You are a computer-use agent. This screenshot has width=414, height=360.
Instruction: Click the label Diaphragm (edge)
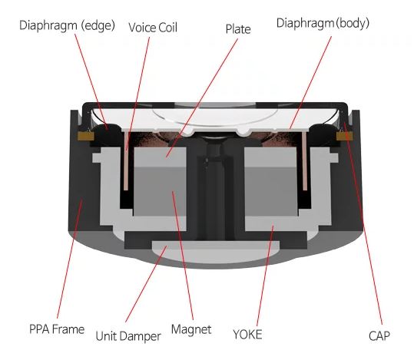pyautogui.click(x=67, y=25)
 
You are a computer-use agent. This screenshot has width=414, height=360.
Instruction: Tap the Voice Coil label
pyautogui.click(x=153, y=28)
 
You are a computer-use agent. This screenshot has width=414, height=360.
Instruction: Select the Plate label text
pyautogui.click(x=238, y=29)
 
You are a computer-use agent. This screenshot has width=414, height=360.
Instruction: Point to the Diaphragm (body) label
pyautogui.click(x=323, y=23)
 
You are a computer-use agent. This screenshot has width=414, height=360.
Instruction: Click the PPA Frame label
pyautogui.click(x=57, y=329)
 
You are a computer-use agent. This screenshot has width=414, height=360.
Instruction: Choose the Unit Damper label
pyautogui.click(x=128, y=336)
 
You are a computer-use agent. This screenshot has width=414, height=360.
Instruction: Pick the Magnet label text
pyautogui.click(x=191, y=329)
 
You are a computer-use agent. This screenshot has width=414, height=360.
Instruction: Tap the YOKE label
pyautogui.click(x=247, y=335)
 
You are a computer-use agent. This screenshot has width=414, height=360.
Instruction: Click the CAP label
pyautogui.click(x=379, y=336)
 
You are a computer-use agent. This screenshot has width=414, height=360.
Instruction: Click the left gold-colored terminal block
pyautogui.click(x=86, y=136)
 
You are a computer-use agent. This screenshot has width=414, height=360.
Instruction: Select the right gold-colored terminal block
pyautogui.click(x=344, y=136)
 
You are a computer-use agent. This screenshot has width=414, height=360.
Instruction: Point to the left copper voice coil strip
pyautogui.click(x=126, y=160)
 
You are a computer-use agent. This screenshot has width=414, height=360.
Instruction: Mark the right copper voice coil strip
pyautogui.click(x=304, y=161)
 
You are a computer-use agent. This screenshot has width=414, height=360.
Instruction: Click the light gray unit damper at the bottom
pyautogui.click(x=216, y=251)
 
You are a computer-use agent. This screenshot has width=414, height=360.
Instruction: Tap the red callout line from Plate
pyautogui.click(x=202, y=98)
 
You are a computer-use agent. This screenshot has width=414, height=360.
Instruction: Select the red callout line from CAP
pyautogui.click(x=363, y=223)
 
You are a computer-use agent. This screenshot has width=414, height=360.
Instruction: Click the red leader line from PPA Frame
pyautogui.click(x=70, y=259)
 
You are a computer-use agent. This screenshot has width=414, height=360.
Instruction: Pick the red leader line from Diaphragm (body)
pyautogui.click(x=310, y=82)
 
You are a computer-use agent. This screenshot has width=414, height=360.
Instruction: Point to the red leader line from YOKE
pyautogui.click(x=265, y=276)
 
